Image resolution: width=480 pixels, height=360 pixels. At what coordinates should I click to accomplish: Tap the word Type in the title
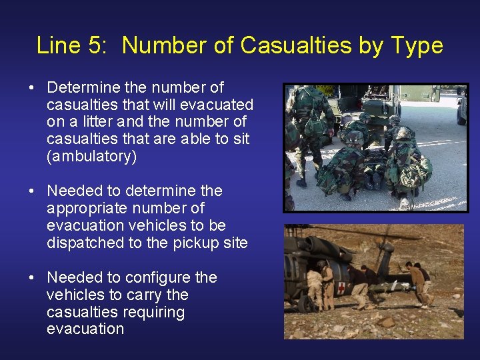(417, 45)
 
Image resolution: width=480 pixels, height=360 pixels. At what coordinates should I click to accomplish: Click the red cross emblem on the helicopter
(342, 288)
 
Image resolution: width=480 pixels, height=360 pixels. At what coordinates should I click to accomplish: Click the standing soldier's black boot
(301, 181)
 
